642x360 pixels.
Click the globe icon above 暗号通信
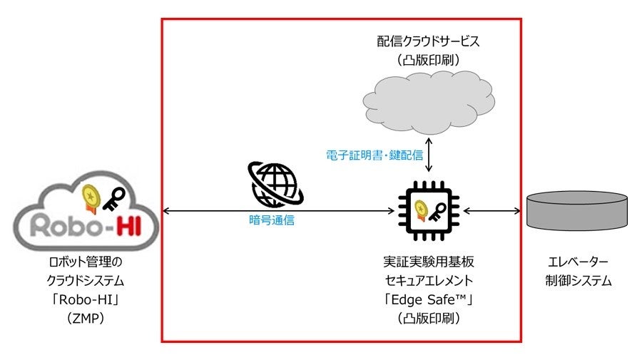(x=274, y=185)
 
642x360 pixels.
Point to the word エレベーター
(x=577, y=262)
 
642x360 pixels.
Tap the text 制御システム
(x=577, y=281)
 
